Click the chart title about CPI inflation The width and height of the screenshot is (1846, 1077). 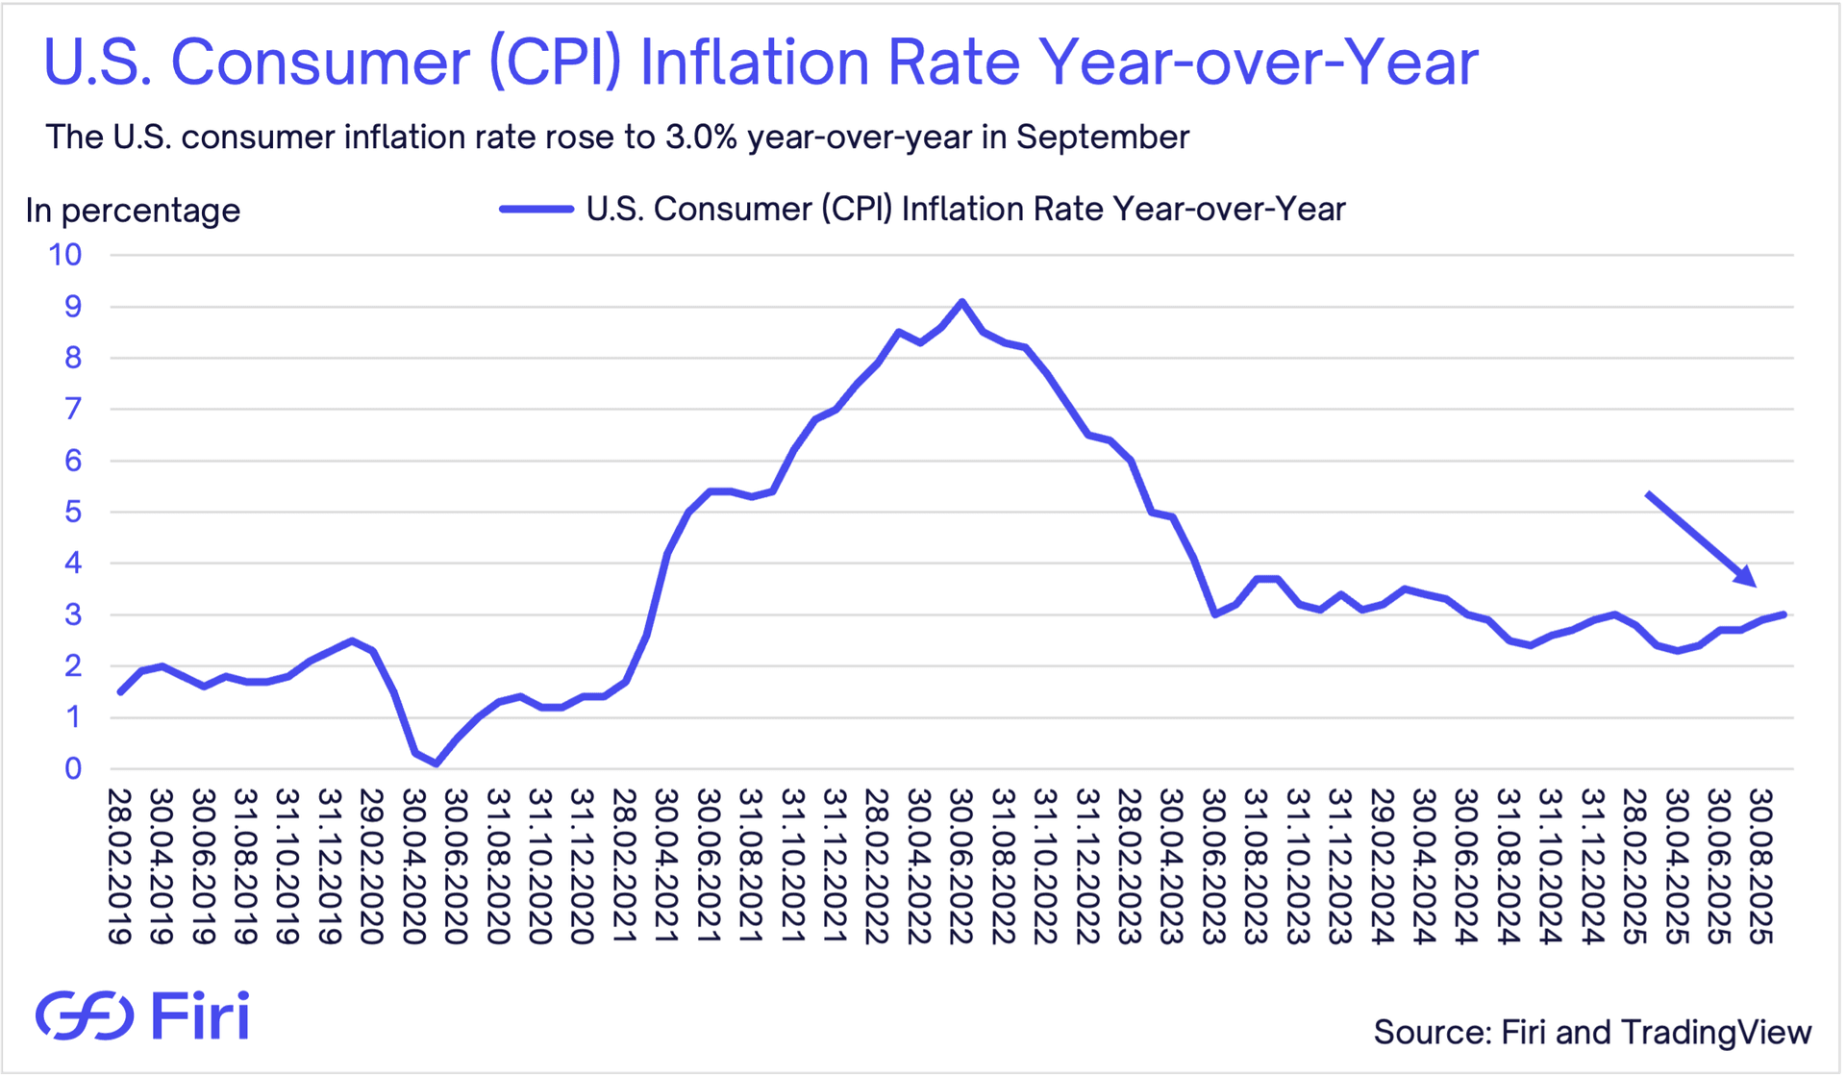pos(761,63)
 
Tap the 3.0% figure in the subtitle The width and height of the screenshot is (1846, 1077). pos(699,138)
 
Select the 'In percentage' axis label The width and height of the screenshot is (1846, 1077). pos(133,211)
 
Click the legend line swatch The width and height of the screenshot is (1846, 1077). pos(536,209)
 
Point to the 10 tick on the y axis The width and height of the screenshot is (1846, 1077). pos(65,256)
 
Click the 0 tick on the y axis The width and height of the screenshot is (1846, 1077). pos(73,768)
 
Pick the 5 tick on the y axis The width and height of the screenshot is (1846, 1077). pos(73,512)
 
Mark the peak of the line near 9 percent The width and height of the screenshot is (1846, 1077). pos(961,302)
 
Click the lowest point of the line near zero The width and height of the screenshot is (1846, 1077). pos(437,764)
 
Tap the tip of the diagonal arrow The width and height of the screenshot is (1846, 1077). pos(1756,586)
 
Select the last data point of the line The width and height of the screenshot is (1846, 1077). pos(1784,614)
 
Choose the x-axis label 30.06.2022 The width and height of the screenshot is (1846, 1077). pos(960,866)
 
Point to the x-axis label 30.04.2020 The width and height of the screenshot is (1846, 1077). pos(413,866)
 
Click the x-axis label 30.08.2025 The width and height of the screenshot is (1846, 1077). pos(1760,866)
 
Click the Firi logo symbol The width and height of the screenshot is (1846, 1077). pos(85,1015)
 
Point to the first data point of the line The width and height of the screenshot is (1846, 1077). pos(120,692)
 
